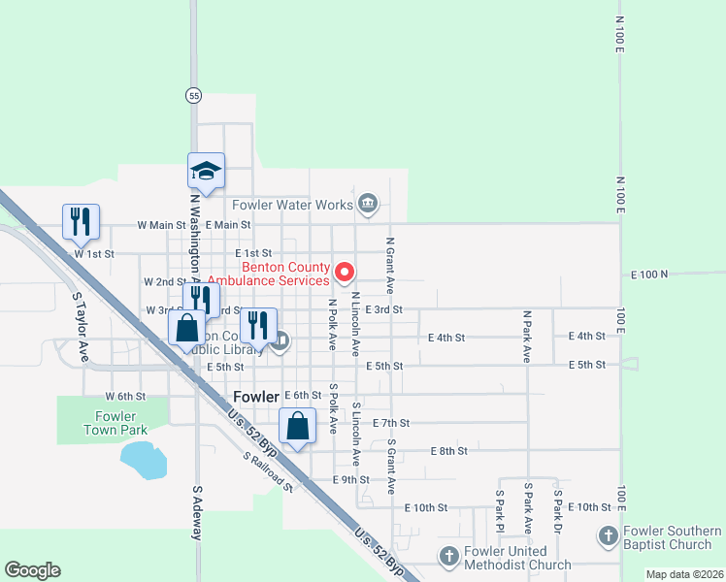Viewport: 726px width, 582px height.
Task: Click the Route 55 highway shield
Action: (194, 95)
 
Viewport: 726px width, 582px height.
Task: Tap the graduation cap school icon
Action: (206, 171)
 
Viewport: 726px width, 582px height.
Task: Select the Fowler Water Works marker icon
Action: (368, 204)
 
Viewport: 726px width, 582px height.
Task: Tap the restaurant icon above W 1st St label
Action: (81, 221)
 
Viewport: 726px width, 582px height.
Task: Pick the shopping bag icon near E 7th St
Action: (297, 425)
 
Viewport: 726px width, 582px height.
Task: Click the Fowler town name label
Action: (256, 396)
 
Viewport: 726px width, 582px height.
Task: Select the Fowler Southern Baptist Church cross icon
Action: (608, 536)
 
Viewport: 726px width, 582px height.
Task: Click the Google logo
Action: (32, 570)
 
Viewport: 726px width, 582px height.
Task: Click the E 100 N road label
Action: (650, 275)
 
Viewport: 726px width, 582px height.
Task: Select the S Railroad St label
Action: (268, 470)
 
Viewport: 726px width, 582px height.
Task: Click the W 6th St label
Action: (125, 397)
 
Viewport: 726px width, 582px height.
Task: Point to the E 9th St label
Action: (350, 480)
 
